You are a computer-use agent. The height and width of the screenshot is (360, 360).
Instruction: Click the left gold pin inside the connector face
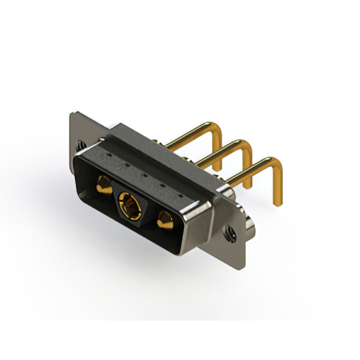click(x=103, y=182)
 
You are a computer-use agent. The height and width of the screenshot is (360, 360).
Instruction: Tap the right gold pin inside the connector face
click(x=164, y=219)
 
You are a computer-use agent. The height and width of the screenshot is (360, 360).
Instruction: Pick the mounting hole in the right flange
click(x=231, y=231)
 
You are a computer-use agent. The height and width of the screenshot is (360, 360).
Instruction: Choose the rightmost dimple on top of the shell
click(x=180, y=193)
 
